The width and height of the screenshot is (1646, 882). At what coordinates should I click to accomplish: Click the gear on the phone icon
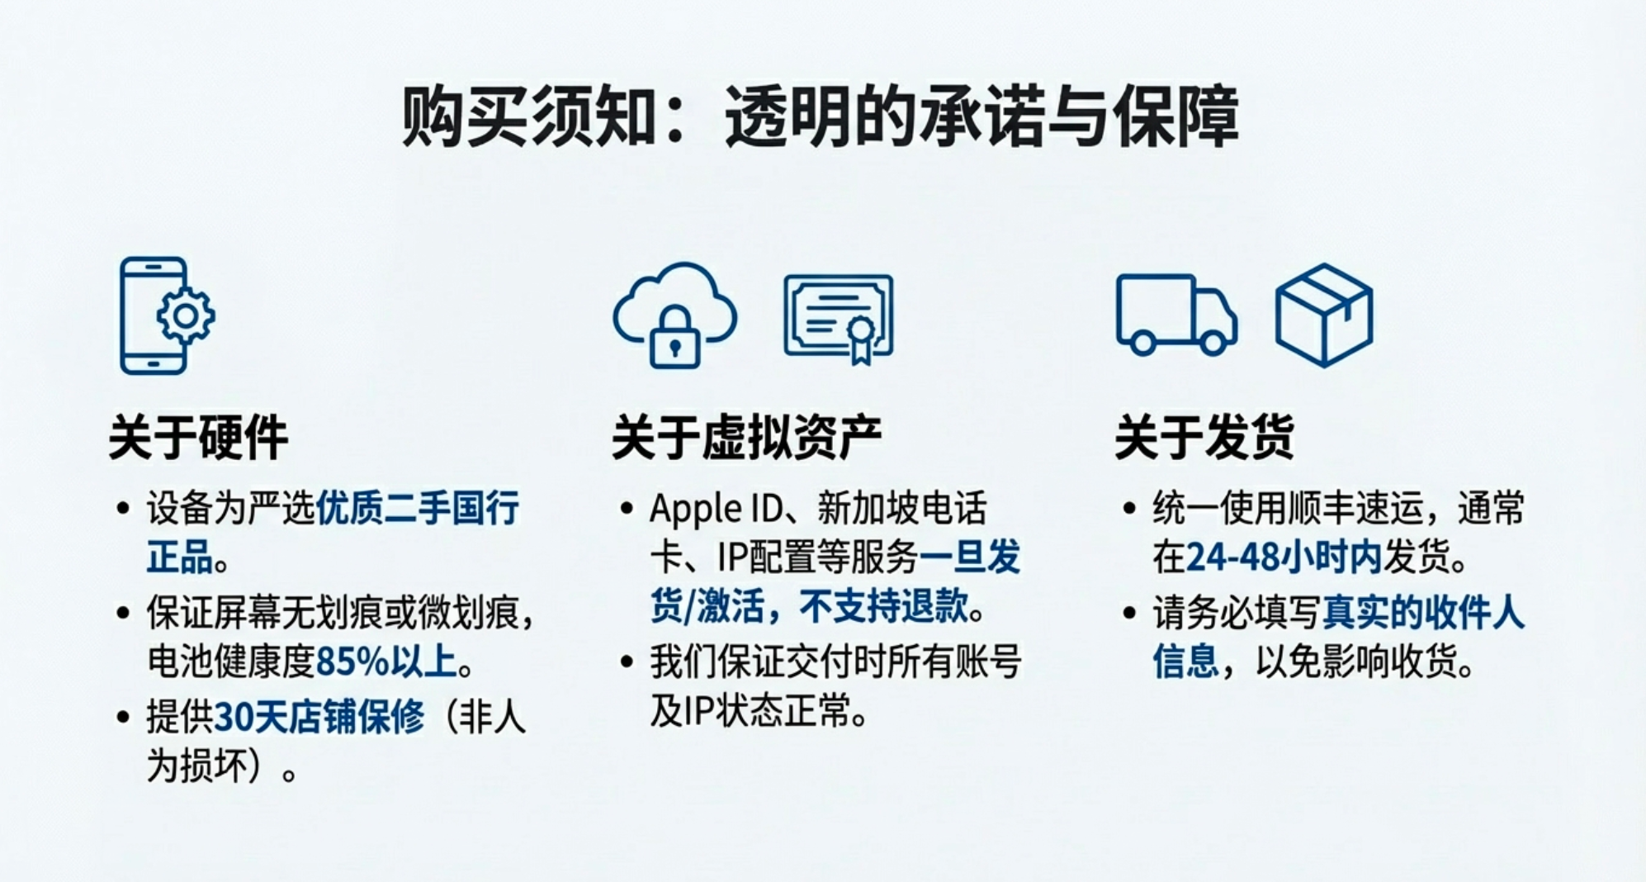tap(186, 315)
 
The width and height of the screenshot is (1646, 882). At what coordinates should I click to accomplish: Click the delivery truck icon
tap(1176, 315)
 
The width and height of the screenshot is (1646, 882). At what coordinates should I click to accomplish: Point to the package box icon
tap(1324, 315)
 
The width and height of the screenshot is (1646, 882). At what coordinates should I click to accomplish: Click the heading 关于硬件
tap(198, 437)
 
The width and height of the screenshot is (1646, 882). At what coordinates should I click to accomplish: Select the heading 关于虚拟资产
tap(746, 437)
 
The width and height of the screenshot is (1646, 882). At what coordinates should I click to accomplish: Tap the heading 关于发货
tap(1204, 437)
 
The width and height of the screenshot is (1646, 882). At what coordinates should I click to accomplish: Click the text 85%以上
tap(386, 661)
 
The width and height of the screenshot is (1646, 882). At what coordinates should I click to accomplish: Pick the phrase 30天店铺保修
tap(319, 716)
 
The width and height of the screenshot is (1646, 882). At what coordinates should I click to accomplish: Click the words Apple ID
tap(716, 509)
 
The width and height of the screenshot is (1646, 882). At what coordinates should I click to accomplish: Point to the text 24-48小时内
tap(1284, 558)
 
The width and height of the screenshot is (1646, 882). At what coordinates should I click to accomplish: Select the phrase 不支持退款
tap(884, 607)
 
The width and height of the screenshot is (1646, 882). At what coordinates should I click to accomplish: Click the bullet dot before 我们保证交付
tap(627, 662)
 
